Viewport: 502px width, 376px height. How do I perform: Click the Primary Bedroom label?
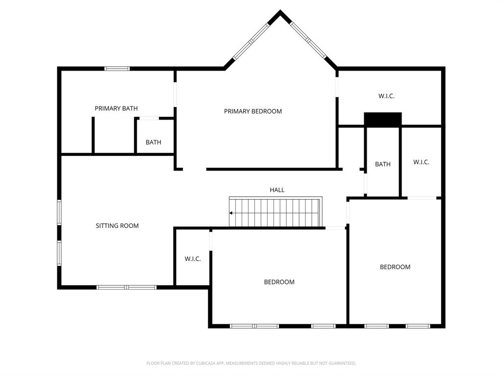coord(253,111)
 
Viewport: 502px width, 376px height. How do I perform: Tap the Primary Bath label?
coord(116,108)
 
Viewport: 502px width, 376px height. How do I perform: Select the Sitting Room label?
coord(117,226)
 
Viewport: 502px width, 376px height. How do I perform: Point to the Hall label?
coord(277,190)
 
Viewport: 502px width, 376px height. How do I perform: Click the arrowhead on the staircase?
coord(231,213)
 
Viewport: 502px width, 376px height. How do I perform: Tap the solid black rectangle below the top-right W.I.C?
coord(382,119)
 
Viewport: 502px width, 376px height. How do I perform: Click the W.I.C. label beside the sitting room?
coord(193,259)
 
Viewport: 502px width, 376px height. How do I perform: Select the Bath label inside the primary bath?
coord(153,143)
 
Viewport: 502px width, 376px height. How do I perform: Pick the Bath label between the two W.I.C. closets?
coord(383,164)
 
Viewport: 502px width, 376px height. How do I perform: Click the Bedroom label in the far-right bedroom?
coord(395,267)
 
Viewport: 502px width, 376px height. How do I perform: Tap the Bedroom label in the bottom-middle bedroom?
coord(279,282)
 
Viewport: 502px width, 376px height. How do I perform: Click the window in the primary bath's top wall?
coord(117,69)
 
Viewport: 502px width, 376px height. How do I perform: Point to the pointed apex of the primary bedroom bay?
coord(280,12)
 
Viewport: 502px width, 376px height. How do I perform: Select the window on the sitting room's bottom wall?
coord(126,287)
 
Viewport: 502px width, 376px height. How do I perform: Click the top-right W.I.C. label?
coord(386,96)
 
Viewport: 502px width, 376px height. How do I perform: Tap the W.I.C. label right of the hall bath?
coord(421,162)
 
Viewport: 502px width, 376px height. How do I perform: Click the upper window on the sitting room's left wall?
coord(59,212)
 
